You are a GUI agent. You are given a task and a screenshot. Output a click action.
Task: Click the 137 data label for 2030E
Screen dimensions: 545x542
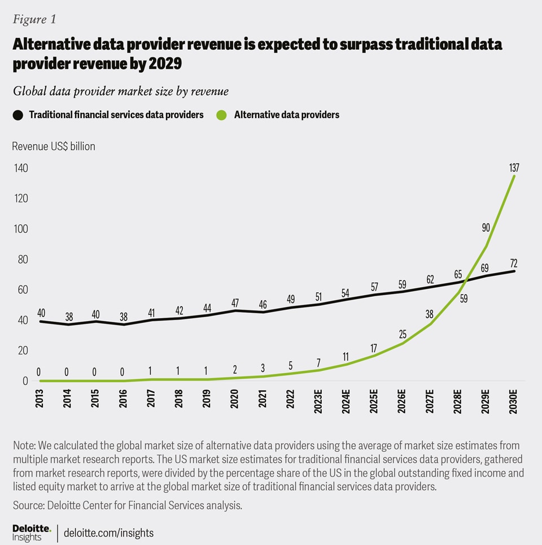click(x=514, y=168)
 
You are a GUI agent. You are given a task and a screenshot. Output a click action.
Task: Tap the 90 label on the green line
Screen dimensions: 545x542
click(x=486, y=228)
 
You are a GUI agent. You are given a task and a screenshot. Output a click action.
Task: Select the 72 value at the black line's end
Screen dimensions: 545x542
click(x=513, y=263)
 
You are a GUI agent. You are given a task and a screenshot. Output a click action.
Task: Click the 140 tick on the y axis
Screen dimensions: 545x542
click(x=21, y=168)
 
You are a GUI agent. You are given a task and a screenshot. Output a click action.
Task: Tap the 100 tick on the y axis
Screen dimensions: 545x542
click(x=21, y=229)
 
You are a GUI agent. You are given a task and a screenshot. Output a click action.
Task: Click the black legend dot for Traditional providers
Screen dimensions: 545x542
click(x=18, y=115)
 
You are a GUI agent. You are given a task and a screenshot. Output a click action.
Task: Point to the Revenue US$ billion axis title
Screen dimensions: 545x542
click(x=54, y=146)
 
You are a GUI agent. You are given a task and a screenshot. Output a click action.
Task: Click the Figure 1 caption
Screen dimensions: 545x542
click(x=34, y=19)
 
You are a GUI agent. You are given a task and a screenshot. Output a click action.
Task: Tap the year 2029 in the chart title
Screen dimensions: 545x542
click(x=165, y=64)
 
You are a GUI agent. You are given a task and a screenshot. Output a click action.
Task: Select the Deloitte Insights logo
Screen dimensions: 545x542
click(x=32, y=533)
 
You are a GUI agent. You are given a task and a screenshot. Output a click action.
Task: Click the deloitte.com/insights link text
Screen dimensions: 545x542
click(x=109, y=533)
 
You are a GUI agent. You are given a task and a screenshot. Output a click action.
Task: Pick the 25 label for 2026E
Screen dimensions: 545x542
click(x=402, y=334)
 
